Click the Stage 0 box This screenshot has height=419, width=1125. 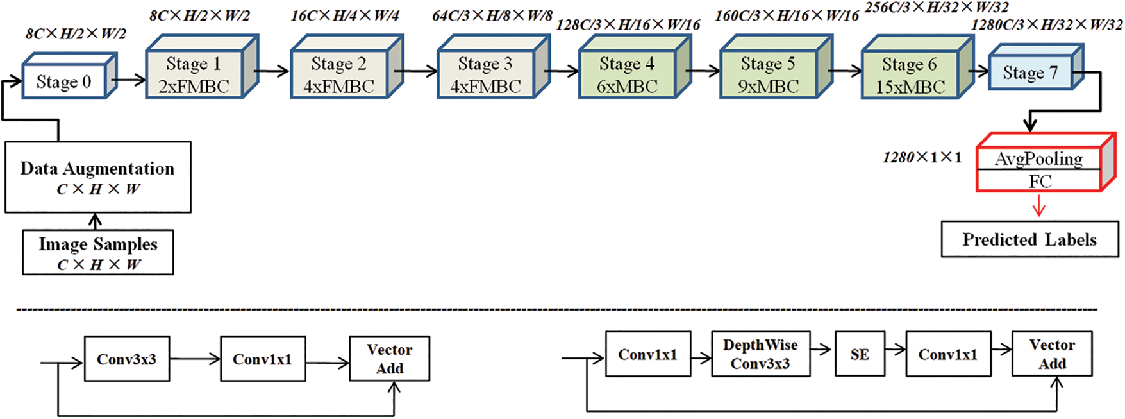coord(63,81)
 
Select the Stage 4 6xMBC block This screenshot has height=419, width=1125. coord(626,75)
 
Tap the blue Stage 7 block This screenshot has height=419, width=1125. coord(1029,73)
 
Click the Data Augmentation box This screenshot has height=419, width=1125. coord(97,177)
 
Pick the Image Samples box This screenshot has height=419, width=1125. coord(97,253)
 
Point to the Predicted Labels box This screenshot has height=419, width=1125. coord(1029,240)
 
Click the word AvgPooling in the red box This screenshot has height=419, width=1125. coord(1038,158)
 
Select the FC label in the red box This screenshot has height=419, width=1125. coord(1040,182)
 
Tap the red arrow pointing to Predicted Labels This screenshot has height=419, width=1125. coord(1039,207)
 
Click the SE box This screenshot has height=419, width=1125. coord(860,354)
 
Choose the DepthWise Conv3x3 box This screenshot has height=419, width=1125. coord(760,354)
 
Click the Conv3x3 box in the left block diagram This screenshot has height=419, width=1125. coord(126,359)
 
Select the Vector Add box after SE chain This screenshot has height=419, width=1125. coord(1051,354)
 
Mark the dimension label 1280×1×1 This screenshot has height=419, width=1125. coord(922,158)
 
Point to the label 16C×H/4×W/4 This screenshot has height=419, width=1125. coord(345,16)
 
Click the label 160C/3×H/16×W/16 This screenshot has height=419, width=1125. coord(787,16)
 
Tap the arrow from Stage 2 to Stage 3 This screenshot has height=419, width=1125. coord(420,71)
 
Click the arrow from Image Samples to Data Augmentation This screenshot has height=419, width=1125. coord(96,221)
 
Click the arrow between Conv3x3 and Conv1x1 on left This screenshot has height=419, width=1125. coord(195,359)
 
